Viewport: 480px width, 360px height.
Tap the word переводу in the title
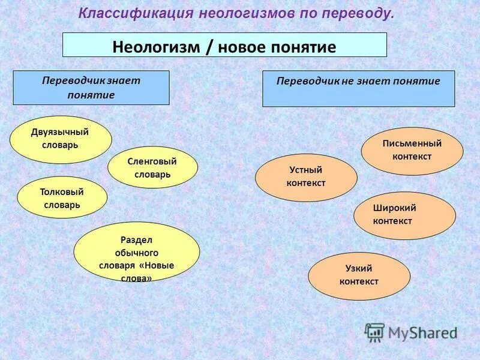pos(363,14)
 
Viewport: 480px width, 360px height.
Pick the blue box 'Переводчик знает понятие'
pos(91,88)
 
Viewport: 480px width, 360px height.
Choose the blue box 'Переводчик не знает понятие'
pos(358,89)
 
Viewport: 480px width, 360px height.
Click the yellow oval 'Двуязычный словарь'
pos(61,139)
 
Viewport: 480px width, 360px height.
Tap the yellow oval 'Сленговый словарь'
pos(152,167)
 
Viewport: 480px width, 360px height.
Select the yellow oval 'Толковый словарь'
pos(62,197)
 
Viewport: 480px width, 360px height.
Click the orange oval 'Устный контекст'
pos(306,177)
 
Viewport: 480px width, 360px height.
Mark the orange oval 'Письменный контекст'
pos(412,151)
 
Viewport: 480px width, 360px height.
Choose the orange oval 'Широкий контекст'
pos(404,215)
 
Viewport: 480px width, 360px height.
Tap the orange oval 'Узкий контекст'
pos(359,275)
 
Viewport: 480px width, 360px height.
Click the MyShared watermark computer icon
pos(375,332)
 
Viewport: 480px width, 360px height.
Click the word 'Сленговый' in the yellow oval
pos(152,161)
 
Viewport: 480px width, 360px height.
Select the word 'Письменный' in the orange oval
pos(412,144)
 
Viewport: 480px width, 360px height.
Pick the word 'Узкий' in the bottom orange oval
pos(359,269)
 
